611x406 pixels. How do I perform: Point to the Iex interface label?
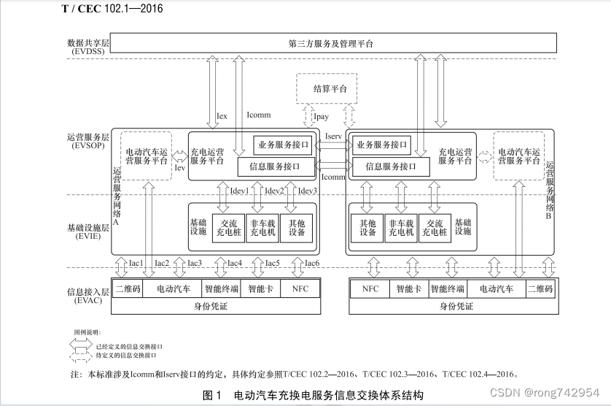(x=222, y=115)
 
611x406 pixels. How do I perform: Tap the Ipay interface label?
(x=321, y=116)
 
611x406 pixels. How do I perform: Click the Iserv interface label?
(x=332, y=137)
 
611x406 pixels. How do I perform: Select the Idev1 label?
(x=239, y=191)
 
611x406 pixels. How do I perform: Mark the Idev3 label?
(x=308, y=191)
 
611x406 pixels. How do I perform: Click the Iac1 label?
(x=136, y=263)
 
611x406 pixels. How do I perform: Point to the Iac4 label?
(x=234, y=263)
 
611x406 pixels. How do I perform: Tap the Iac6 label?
(x=311, y=263)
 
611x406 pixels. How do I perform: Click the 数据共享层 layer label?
(x=86, y=44)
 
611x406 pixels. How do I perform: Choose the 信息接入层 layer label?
(x=86, y=295)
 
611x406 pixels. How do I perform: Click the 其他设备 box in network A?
(x=297, y=227)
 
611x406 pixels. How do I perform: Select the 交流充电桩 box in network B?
(x=435, y=227)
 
